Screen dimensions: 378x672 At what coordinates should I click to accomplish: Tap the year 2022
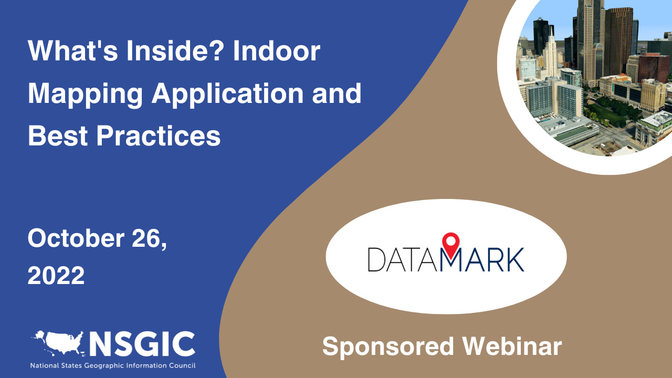(56, 275)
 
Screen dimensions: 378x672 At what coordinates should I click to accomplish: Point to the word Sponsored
(388, 346)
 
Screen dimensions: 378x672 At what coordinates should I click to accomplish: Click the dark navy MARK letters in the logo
(483, 260)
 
